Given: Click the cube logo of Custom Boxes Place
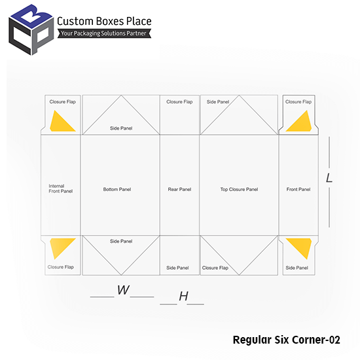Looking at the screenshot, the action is tap(31, 30).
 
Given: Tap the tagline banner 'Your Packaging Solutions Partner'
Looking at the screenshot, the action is tap(104, 33).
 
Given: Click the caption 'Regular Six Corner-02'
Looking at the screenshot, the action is tap(286, 340).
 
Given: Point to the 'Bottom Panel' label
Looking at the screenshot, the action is tap(117, 189).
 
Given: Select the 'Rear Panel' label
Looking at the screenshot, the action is tap(179, 189).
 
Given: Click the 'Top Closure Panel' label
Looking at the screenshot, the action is tap(239, 189).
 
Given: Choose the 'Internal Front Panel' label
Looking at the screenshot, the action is tap(61, 189).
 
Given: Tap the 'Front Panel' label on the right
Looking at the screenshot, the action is tap(298, 189).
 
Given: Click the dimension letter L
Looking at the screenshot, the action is tap(329, 178).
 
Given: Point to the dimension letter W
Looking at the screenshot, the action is tap(123, 290).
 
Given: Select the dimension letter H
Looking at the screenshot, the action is tap(184, 296).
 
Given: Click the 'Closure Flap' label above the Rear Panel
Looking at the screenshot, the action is tap(179, 101).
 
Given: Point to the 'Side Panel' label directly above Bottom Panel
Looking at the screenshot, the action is tap(121, 128).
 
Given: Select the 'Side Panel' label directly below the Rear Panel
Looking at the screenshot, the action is tap(177, 268).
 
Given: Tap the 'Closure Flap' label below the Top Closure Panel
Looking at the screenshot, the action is tap(215, 268).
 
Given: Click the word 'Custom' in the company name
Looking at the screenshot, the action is tap(75, 22).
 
